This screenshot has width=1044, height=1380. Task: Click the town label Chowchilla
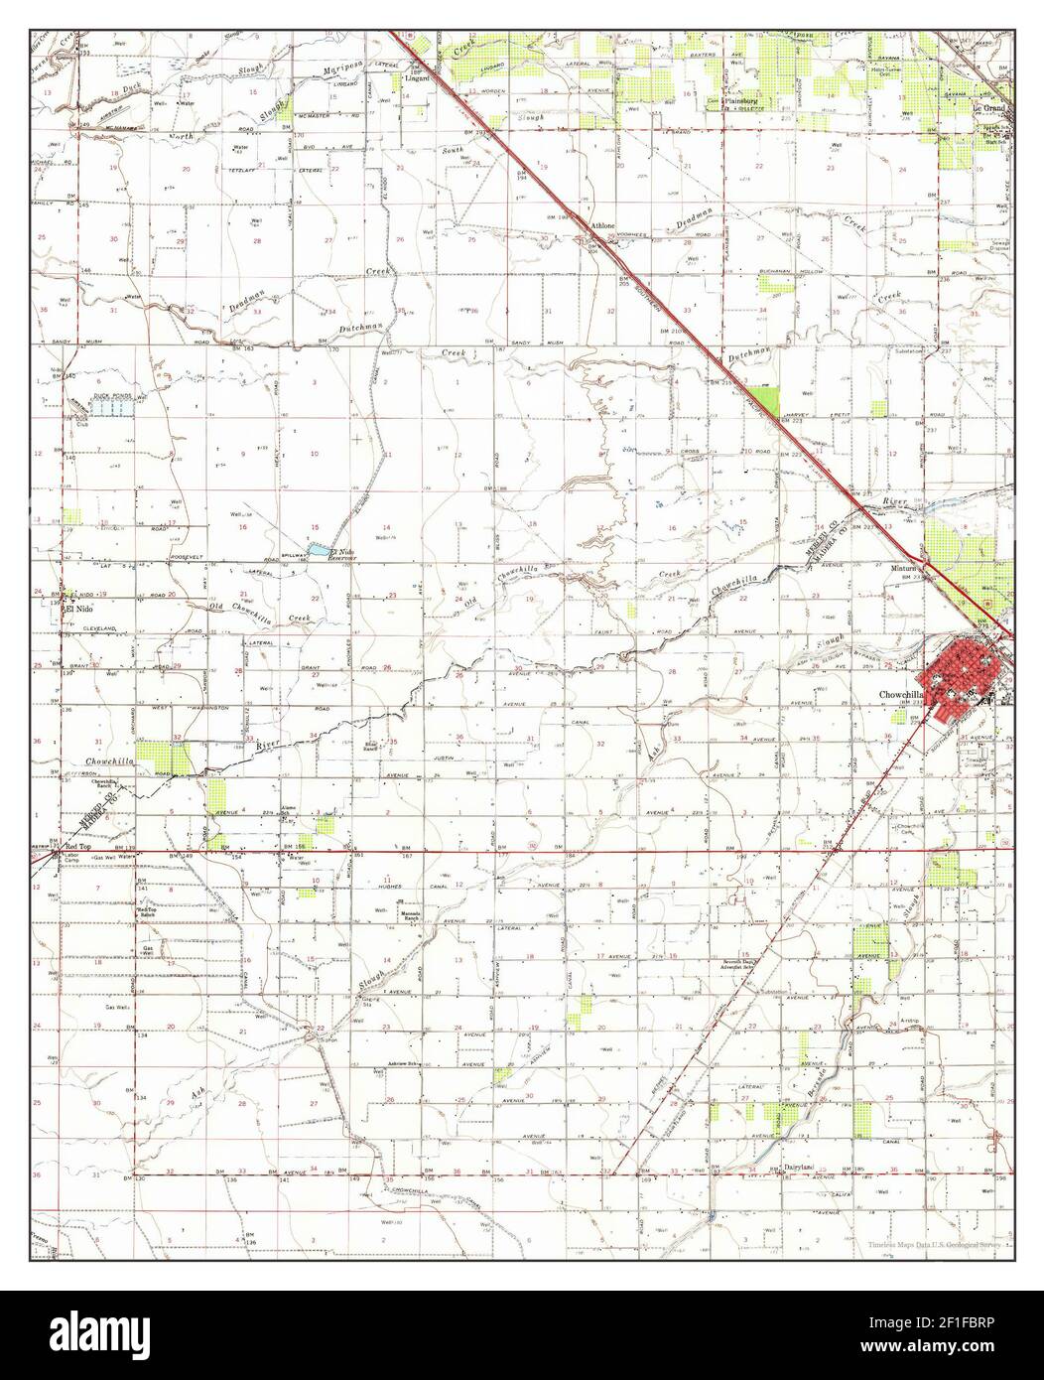coord(899,695)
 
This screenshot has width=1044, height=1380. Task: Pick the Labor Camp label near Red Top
coord(71,856)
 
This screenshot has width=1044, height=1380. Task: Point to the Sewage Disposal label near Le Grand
coord(996,246)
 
